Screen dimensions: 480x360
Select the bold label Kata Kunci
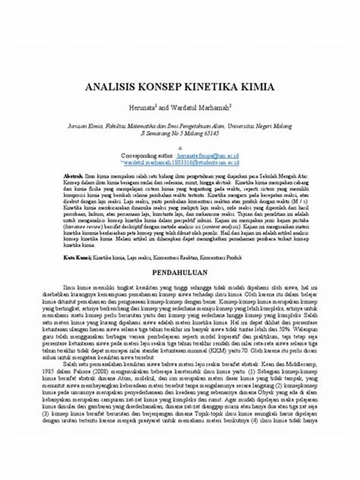[77, 257]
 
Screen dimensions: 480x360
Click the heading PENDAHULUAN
[179, 271]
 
